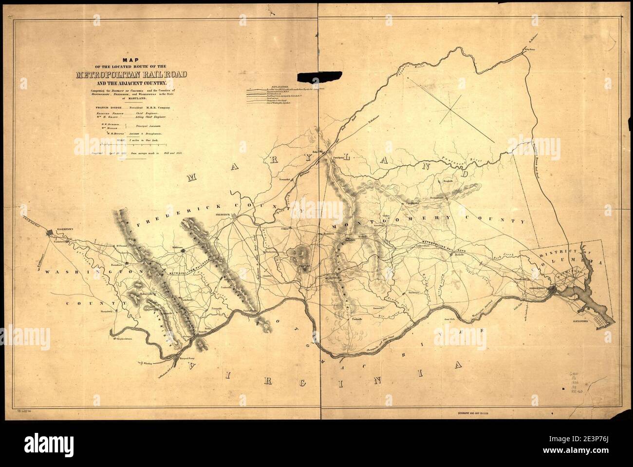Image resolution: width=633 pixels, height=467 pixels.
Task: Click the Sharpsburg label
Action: point(106,310)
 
